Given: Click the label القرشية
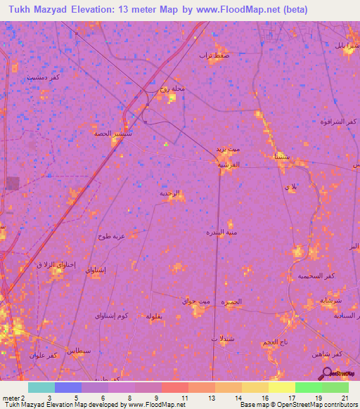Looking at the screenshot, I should pos(229,164).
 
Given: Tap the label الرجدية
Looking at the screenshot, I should pos(169,193).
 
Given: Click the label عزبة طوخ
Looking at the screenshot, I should pos(112,236).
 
